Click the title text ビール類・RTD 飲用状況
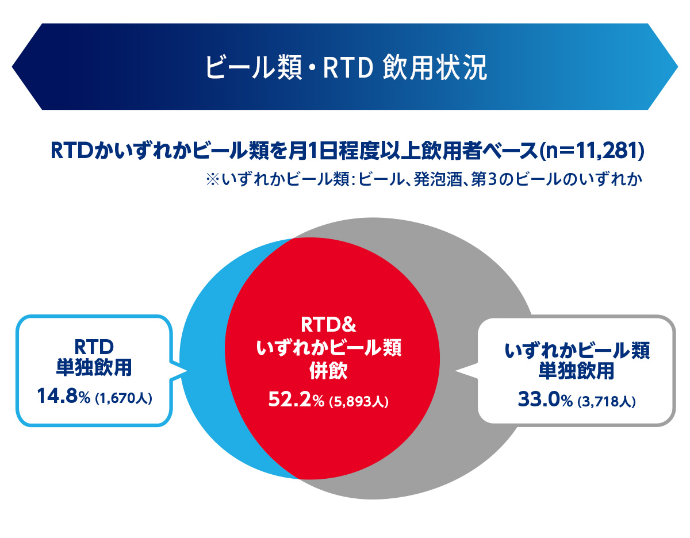pos(346,68)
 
